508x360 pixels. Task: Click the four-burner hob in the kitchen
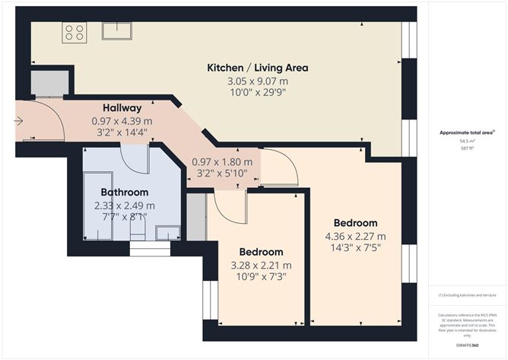click(x=75, y=32)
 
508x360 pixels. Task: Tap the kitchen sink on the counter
click(x=118, y=30)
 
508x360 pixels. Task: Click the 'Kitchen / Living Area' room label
click(x=257, y=68)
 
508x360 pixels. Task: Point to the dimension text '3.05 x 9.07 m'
click(x=257, y=81)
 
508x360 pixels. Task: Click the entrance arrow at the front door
click(x=19, y=120)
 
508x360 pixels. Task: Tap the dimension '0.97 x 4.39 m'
click(x=122, y=121)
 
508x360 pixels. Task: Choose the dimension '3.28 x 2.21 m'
click(x=262, y=265)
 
